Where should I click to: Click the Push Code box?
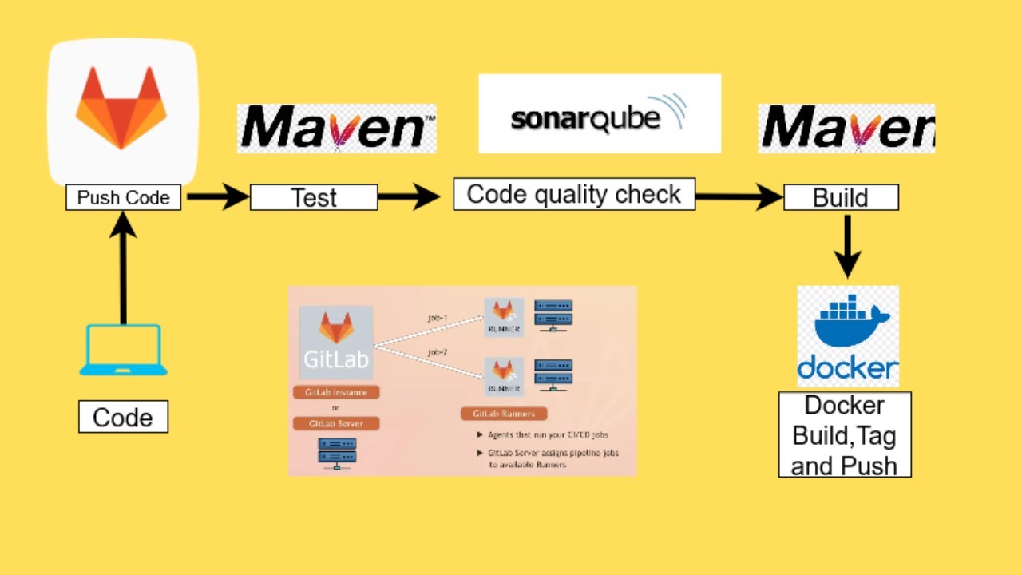click(x=123, y=197)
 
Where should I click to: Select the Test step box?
click(x=314, y=197)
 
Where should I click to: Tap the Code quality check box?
click(x=574, y=195)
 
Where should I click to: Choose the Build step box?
click(x=841, y=197)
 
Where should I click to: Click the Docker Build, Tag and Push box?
click(x=845, y=434)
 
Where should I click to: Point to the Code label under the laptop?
click(x=123, y=417)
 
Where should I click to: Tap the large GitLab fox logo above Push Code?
click(x=121, y=108)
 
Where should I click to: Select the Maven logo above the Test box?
click(x=336, y=128)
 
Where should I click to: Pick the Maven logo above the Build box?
click(x=846, y=128)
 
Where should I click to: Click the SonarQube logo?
click(x=599, y=114)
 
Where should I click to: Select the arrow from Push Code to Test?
click(x=217, y=197)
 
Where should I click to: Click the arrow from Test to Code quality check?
click(x=409, y=197)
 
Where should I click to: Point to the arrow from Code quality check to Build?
click(x=739, y=196)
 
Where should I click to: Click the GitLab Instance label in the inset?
click(x=336, y=393)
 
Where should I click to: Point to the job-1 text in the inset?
click(x=438, y=318)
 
